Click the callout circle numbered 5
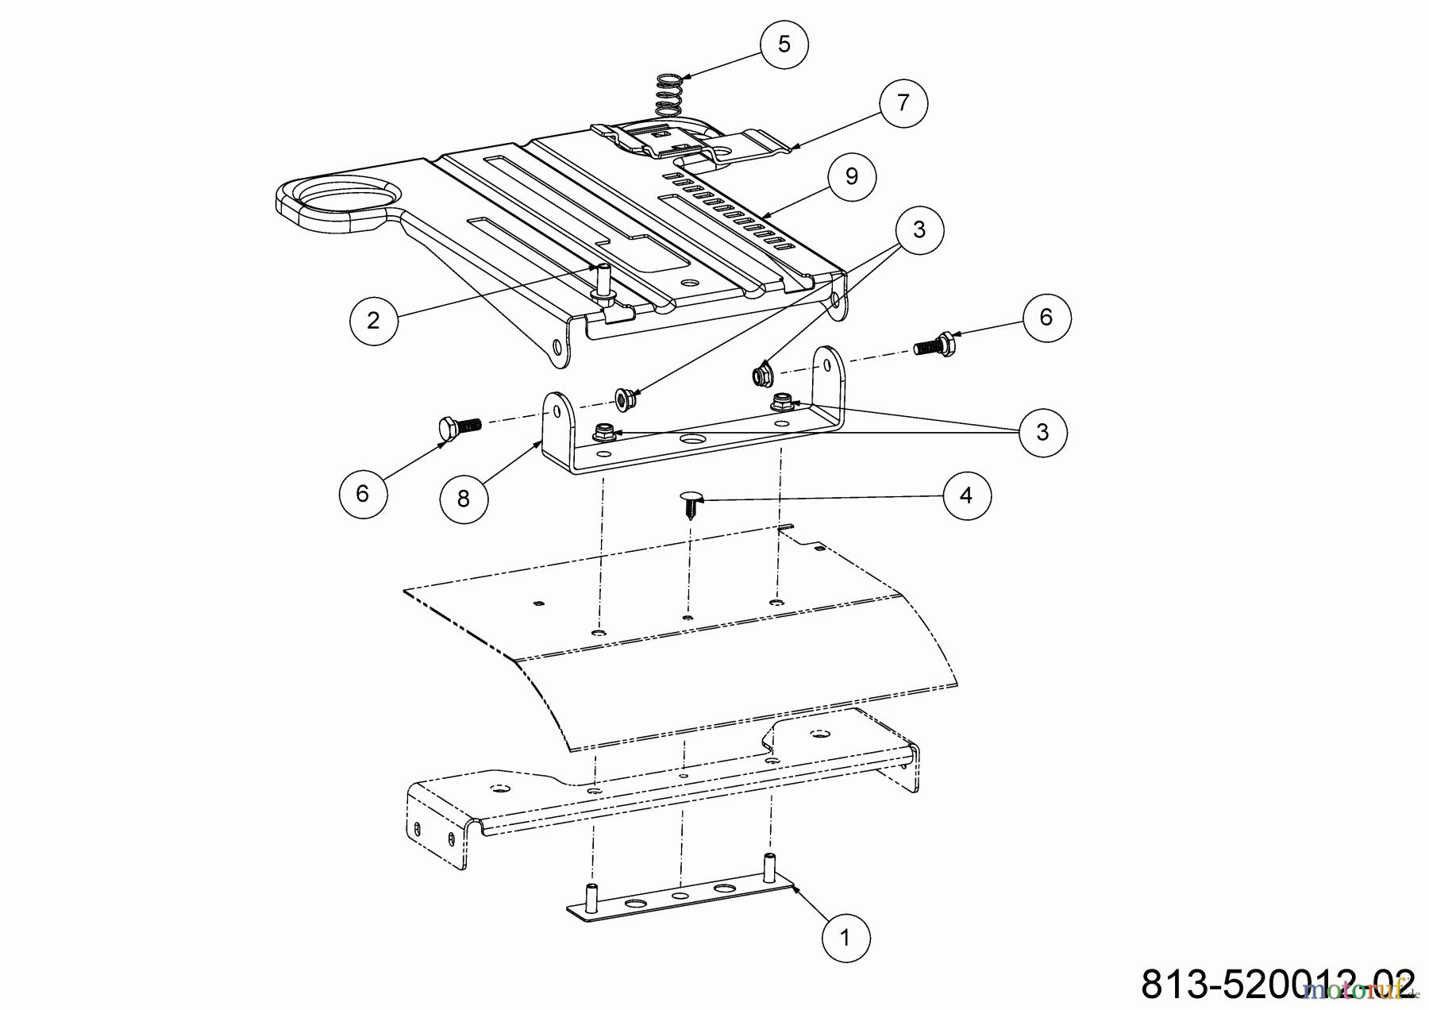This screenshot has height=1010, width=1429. tap(784, 44)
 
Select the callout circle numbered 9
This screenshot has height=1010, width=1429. tap(852, 176)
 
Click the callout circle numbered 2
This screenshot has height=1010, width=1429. tap(373, 320)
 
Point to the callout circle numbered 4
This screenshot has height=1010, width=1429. tap(965, 495)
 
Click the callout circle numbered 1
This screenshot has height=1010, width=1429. tap(845, 938)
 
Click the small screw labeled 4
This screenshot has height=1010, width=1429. tap(689, 505)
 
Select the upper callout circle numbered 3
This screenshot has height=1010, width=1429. tap(919, 230)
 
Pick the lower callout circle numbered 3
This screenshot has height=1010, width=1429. tap(1042, 432)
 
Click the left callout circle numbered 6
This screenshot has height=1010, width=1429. tap(363, 494)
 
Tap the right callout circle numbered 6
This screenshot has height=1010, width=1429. tap(1046, 318)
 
